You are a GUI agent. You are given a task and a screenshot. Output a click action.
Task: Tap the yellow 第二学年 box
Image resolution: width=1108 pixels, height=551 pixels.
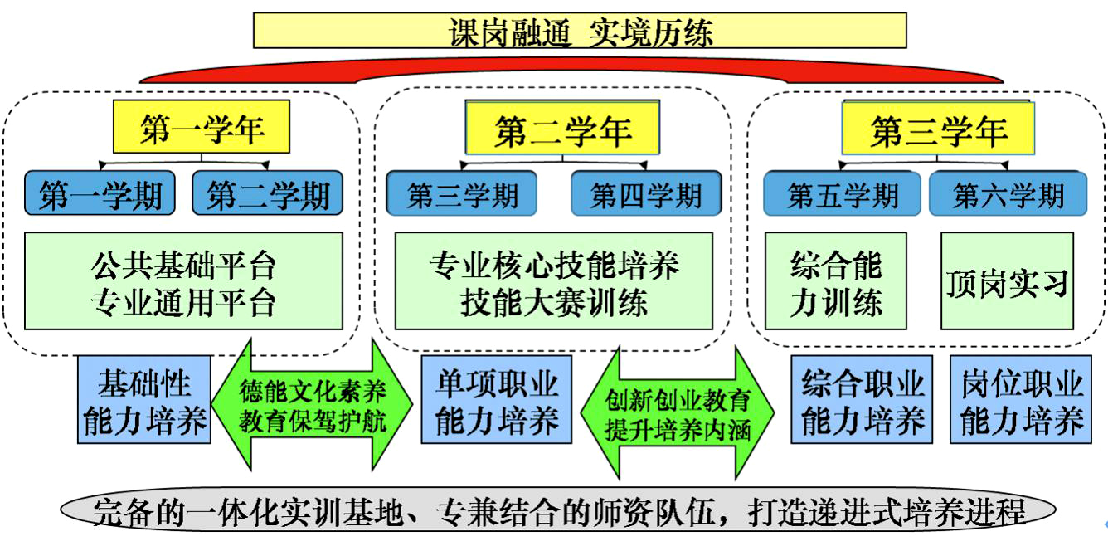(562, 129)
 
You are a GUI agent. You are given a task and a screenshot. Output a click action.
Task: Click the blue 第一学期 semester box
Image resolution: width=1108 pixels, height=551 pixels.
(100, 194)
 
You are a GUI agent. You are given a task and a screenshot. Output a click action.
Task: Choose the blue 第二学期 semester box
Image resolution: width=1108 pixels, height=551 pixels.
(267, 194)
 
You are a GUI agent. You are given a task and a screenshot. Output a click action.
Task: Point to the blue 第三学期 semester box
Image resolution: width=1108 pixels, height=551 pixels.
(461, 194)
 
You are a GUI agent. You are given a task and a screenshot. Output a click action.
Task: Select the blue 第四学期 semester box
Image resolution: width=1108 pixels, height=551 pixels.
(646, 194)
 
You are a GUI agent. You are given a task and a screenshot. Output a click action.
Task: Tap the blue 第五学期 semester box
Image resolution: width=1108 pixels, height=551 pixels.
(842, 194)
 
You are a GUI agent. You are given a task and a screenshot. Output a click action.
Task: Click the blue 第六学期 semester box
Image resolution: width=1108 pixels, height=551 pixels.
(1008, 194)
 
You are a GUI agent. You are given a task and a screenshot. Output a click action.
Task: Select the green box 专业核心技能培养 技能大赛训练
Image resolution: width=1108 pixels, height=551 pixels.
(553, 281)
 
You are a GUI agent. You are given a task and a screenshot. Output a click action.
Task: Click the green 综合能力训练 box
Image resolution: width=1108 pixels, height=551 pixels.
(835, 281)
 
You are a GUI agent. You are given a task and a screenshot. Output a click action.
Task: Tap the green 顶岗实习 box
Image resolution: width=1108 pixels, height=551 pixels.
(1007, 281)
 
